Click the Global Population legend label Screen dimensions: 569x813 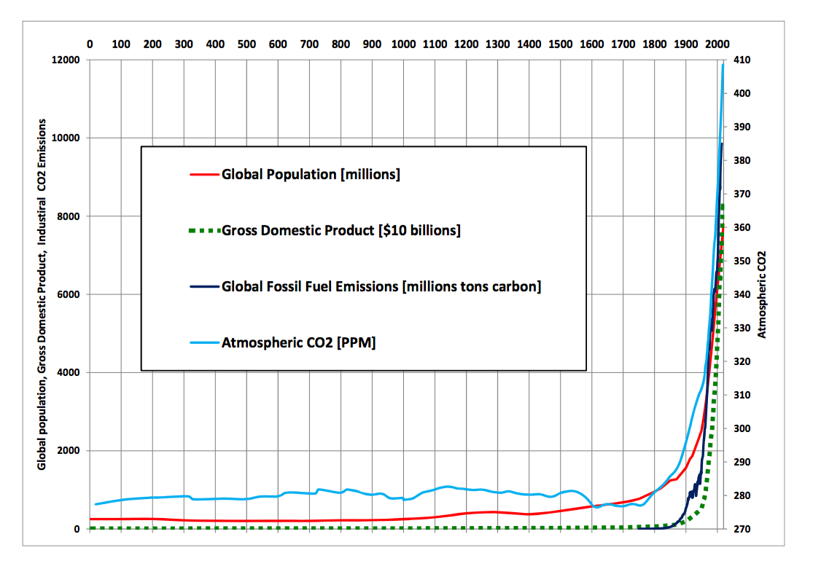(311, 175)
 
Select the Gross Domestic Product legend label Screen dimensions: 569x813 (341, 231)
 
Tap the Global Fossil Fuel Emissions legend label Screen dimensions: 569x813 (381, 287)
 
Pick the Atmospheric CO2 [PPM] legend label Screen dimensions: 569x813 (299, 342)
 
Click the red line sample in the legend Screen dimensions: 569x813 (204, 175)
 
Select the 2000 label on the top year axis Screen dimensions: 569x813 (717, 44)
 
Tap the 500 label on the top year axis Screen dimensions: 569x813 (246, 44)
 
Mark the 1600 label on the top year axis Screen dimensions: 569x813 (592, 44)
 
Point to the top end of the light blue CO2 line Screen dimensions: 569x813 (723, 66)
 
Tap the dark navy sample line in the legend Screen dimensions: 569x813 (204, 287)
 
